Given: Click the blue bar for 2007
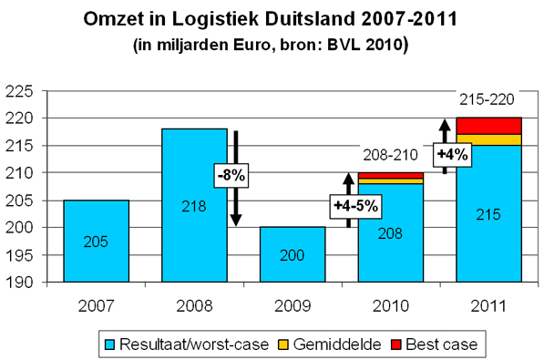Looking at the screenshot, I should click(96, 241).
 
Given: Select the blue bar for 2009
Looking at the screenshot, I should click(292, 254).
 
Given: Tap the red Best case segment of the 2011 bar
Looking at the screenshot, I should click(488, 126).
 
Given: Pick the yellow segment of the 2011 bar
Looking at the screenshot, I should click(488, 139).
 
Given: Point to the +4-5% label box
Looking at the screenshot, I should click(356, 207).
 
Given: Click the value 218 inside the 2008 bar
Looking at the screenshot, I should click(194, 206).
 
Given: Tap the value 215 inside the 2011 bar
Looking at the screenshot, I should click(488, 214).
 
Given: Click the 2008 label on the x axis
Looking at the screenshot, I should click(194, 301).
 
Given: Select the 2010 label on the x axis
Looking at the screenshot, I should click(390, 301).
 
